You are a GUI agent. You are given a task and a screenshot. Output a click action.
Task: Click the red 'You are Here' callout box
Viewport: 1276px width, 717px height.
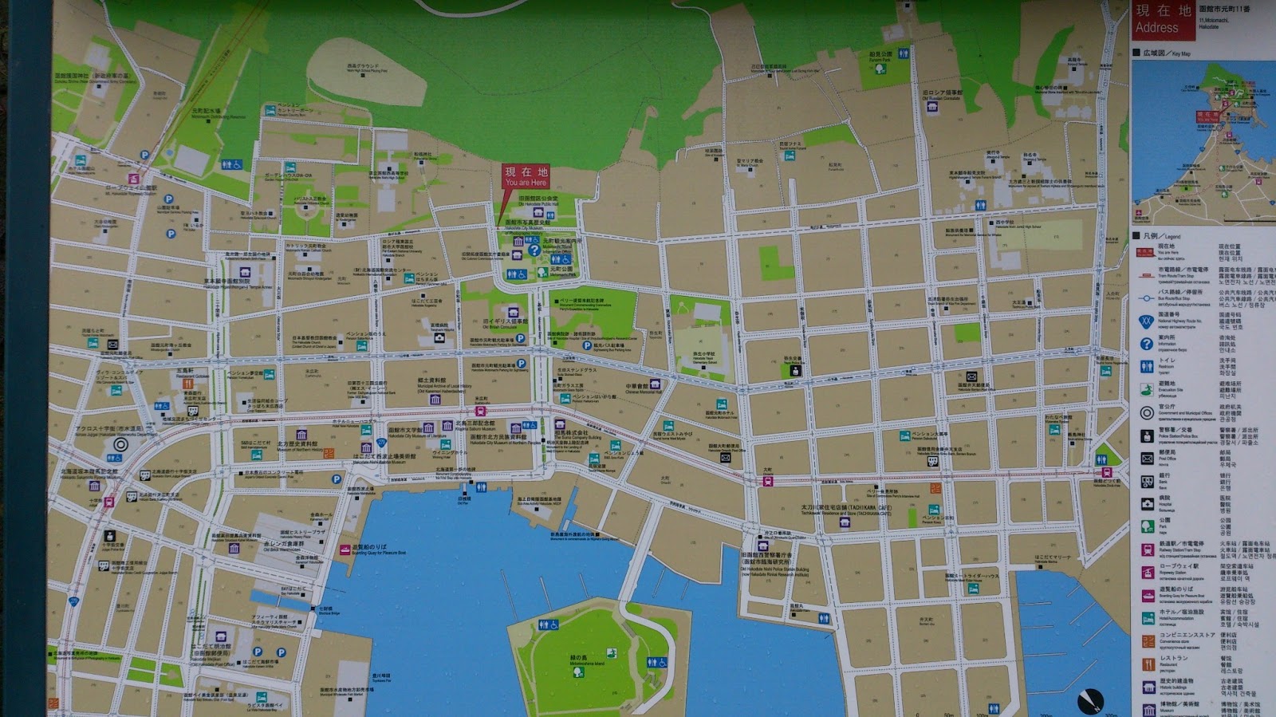pyautogui.click(x=526, y=176)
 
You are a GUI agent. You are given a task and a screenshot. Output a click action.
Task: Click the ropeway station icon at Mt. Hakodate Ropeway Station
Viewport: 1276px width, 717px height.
pyautogui.click(x=134, y=179)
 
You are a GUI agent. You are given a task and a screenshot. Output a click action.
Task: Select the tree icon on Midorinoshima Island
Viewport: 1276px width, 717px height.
pyautogui.click(x=577, y=672)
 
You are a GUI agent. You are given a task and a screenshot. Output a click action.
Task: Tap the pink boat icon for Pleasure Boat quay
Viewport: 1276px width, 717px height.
pyautogui.click(x=345, y=549)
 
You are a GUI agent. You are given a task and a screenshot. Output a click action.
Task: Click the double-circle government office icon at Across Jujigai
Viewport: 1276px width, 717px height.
pyautogui.click(x=120, y=445)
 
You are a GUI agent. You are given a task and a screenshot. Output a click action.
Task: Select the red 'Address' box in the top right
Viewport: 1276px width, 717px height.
pyautogui.click(x=1164, y=20)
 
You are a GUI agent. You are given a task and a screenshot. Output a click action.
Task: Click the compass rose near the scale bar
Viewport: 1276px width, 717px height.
pyautogui.click(x=1090, y=699)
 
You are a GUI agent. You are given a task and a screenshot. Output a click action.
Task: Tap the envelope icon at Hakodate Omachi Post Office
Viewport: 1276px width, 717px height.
pyautogui.click(x=726, y=458)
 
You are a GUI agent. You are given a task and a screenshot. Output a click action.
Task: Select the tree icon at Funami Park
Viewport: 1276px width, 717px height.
pyautogui.click(x=880, y=69)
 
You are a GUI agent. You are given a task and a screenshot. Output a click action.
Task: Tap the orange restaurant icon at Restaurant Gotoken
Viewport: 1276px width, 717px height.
pyautogui.click(x=188, y=384)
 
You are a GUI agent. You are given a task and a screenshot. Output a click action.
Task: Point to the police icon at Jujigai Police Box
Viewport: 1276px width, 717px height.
pyautogui.click(x=110, y=537)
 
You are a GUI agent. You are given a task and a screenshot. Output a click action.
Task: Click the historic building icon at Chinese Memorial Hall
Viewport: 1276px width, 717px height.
pyautogui.click(x=655, y=384)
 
